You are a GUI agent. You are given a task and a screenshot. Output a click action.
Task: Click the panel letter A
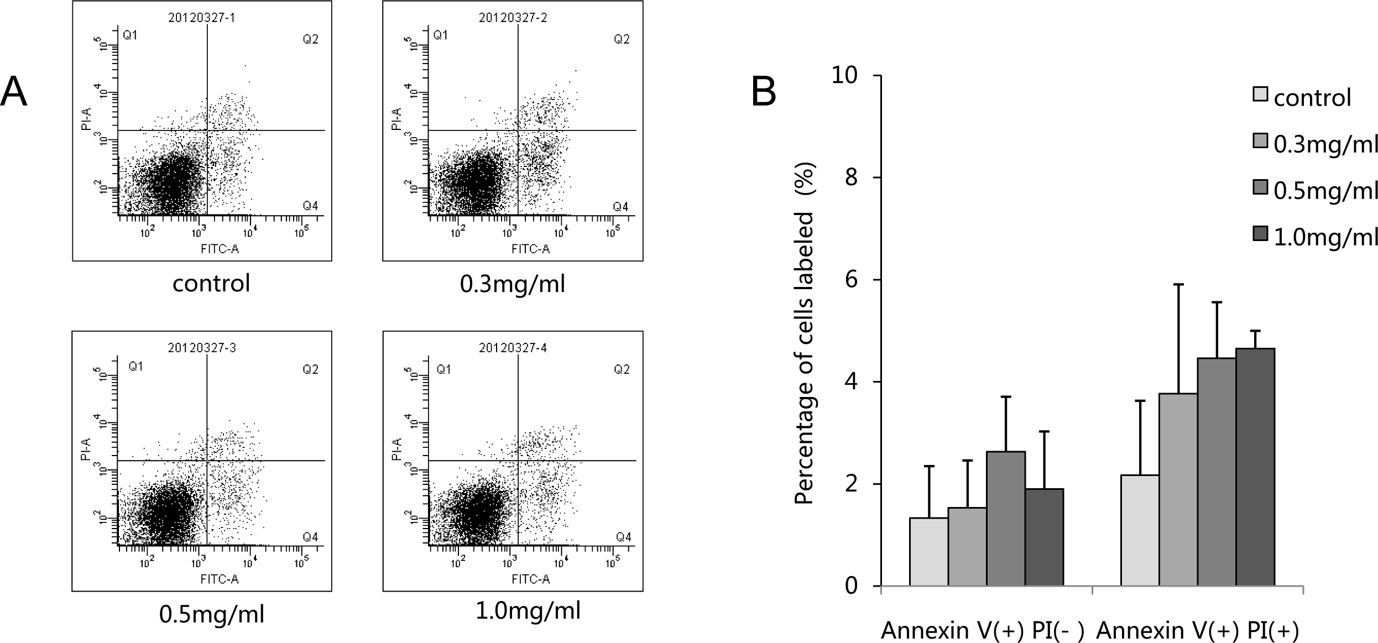[x=14, y=92]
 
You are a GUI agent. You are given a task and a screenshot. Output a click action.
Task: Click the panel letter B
[x=764, y=92]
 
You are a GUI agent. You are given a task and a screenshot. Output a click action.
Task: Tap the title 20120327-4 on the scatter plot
[x=513, y=348]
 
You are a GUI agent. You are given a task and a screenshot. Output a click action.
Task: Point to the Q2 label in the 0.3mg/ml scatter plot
[x=622, y=39]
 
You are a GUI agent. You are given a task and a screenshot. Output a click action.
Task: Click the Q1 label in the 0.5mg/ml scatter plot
[x=135, y=366]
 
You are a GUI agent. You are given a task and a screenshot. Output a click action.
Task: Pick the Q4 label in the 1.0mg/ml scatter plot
[x=624, y=537]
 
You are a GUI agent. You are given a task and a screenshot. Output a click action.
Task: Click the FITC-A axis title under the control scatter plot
[x=220, y=249]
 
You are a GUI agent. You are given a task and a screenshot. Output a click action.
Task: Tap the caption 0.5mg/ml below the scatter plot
[x=212, y=614]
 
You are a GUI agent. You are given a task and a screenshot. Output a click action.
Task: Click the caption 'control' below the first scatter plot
[x=211, y=284]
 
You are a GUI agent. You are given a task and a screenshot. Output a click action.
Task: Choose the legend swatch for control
[x=1260, y=94]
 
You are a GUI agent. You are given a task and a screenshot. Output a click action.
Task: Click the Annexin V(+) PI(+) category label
[x=1197, y=631]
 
